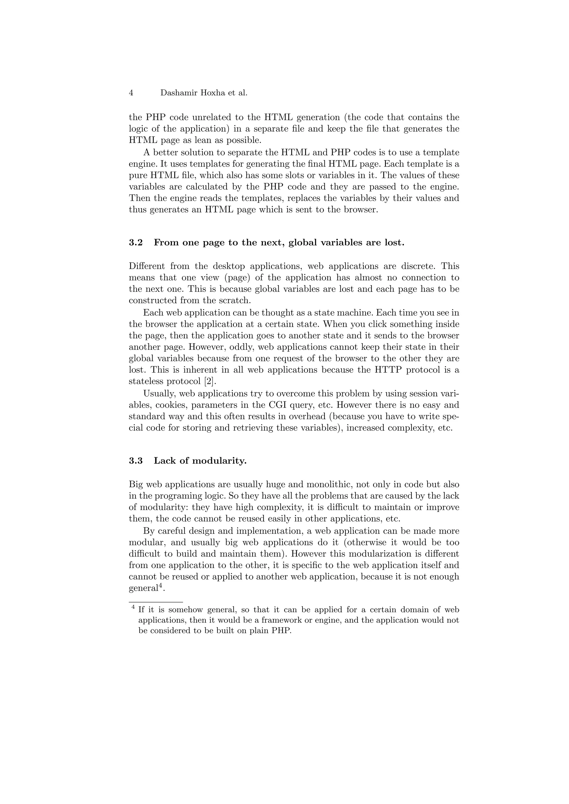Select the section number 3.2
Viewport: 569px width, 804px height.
point(136,243)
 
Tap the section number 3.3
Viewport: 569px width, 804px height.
point(136,461)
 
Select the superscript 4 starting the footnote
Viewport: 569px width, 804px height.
point(133,607)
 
